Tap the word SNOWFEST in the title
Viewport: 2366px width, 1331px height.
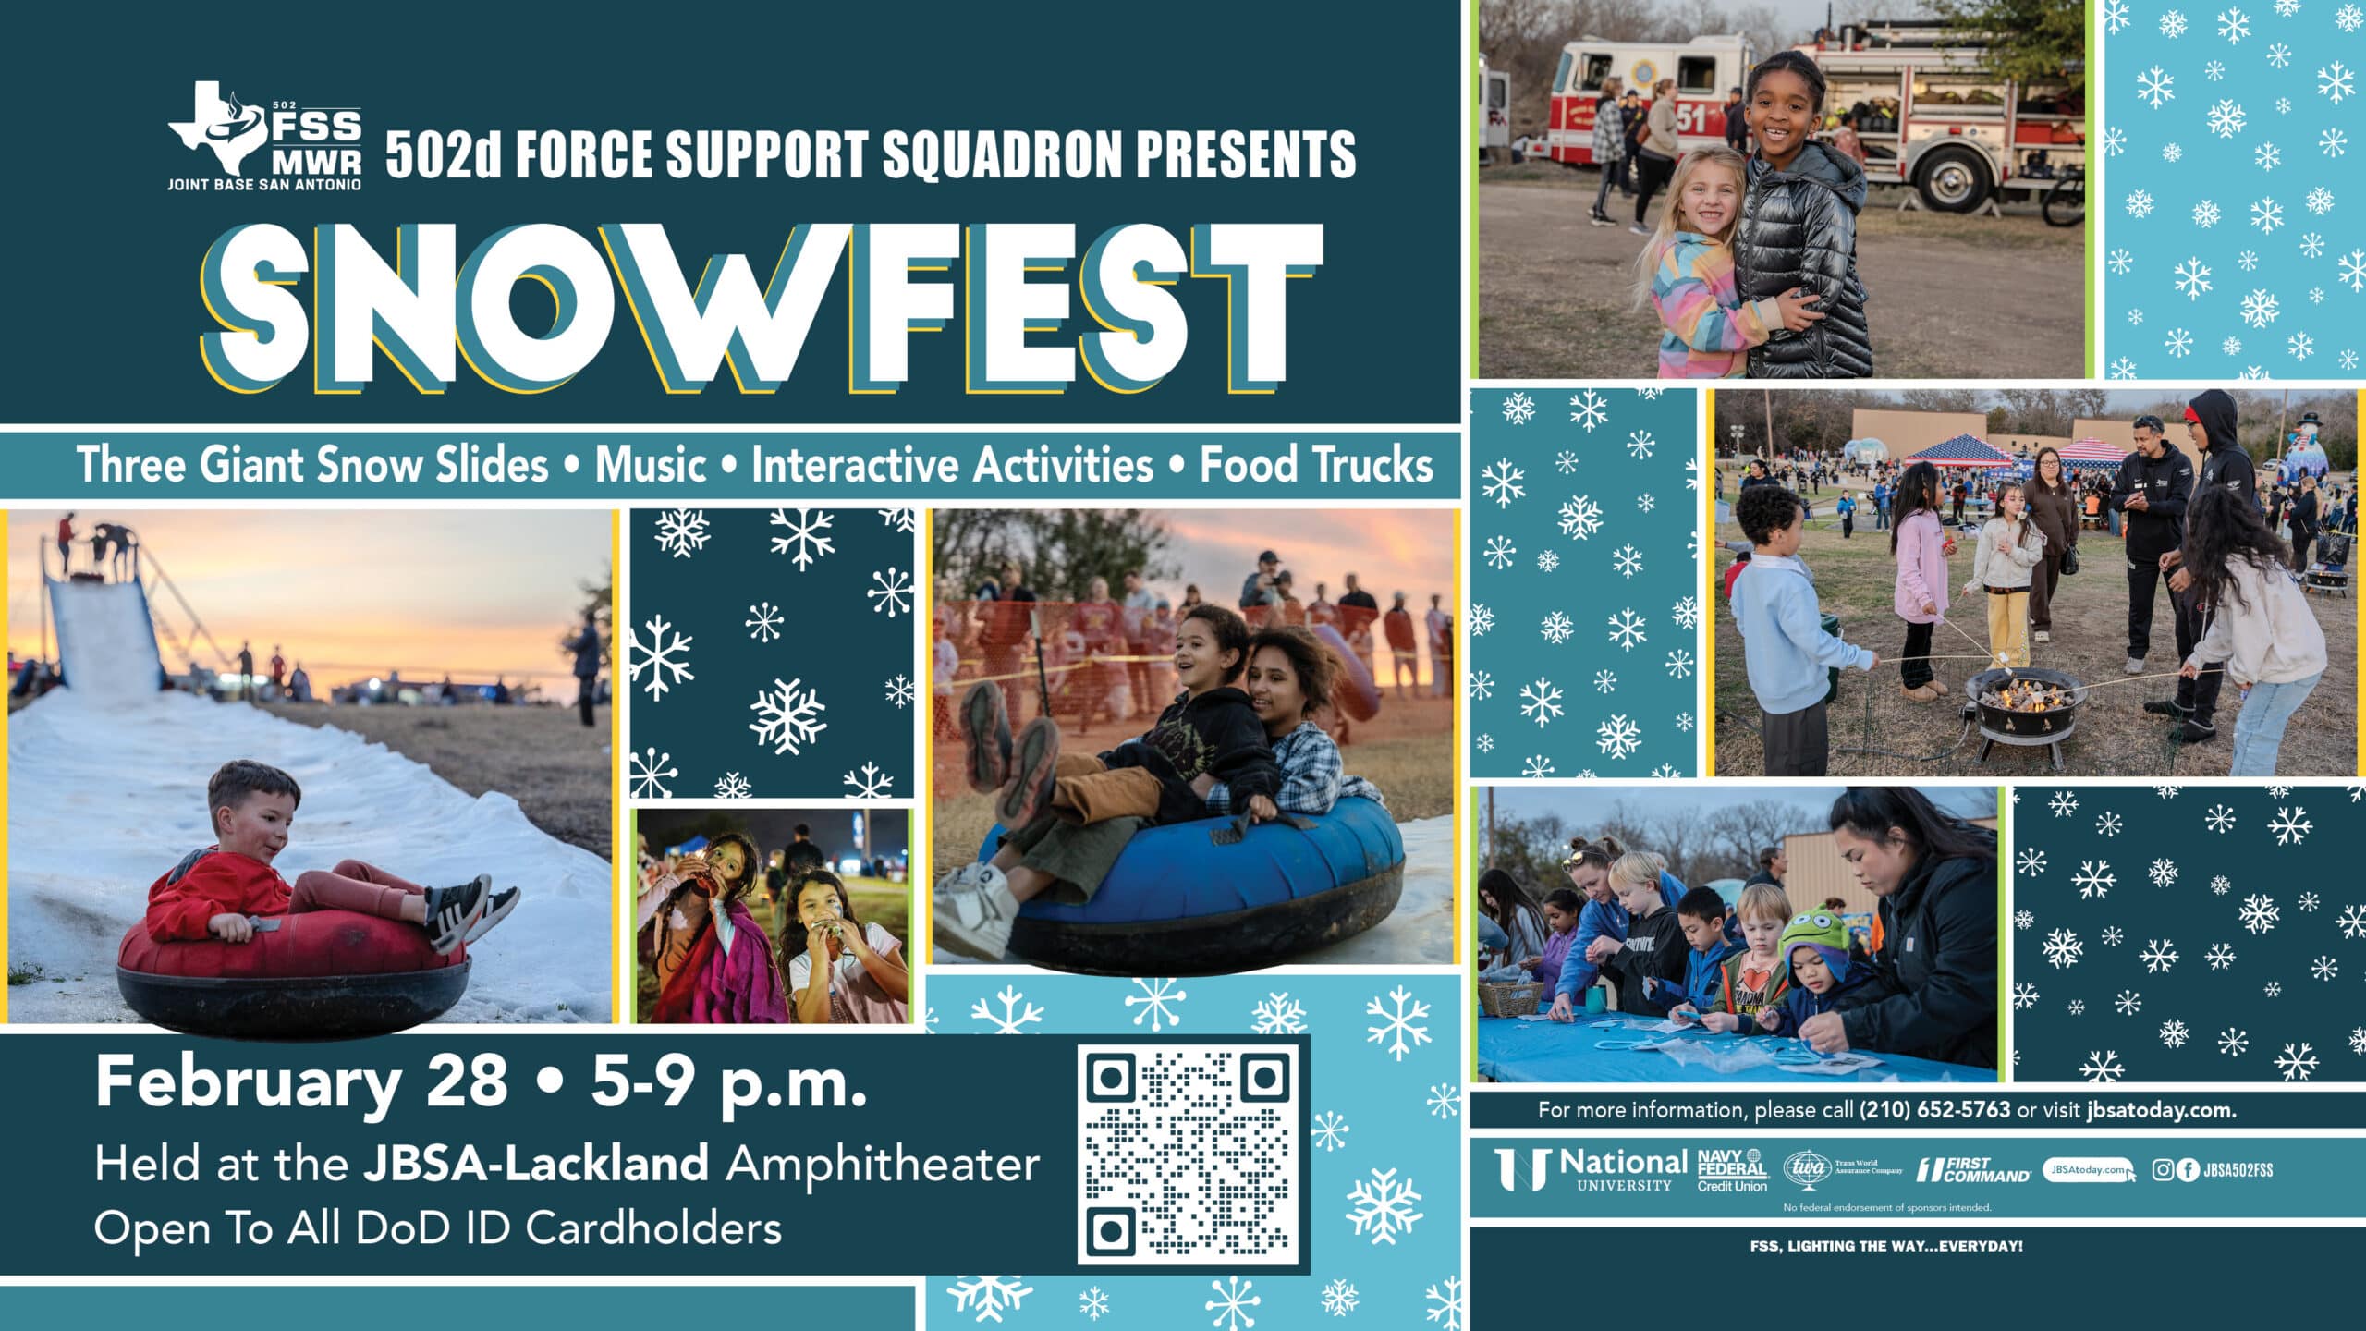coord(762,306)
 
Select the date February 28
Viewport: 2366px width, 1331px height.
coord(302,1081)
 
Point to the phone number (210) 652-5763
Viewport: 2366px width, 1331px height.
coord(1934,1110)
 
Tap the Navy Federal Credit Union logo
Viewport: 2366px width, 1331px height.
coord(1732,1170)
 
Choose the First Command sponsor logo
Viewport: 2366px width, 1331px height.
coord(1973,1170)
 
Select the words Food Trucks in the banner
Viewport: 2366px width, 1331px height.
coord(1316,464)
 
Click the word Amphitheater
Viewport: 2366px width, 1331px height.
coord(883,1166)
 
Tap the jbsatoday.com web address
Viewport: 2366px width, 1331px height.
coord(2161,1110)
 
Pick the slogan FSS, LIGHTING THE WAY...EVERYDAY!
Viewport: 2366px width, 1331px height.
coord(1886,1246)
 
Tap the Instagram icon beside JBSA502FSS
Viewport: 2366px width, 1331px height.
coord(2163,1170)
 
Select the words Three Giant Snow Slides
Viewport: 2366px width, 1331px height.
coord(312,464)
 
